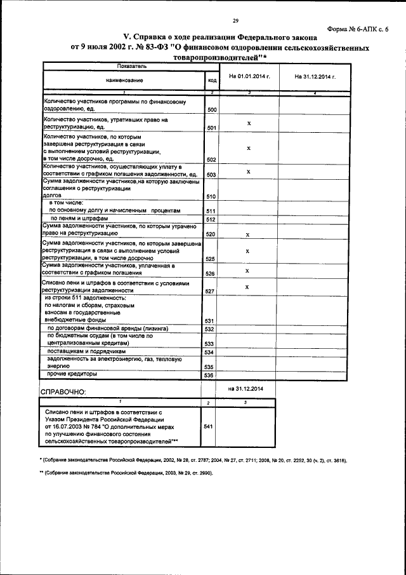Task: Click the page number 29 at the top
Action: pos(234,21)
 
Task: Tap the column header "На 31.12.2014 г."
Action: pos(315,77)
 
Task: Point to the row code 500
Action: pos(212,110)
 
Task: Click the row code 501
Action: pos(212,128)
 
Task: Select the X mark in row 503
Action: pos(249,172)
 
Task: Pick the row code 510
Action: pos(212,197)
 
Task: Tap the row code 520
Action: pos(212,234)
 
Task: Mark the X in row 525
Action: pos(249,250)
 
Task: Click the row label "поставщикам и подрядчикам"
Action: pos(88,351)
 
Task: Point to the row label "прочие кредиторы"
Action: pos(71,375)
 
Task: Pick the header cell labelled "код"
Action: pos(211,80)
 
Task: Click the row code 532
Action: pos(207,329)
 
